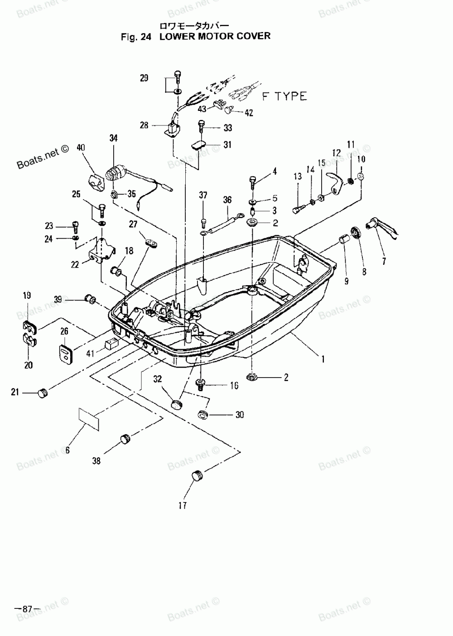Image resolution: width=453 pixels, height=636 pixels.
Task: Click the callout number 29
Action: click(x=144, y=78)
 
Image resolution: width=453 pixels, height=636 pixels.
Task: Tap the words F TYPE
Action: click(x=284, y=96)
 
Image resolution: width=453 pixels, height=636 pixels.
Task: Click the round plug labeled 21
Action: click(x=43, y=393)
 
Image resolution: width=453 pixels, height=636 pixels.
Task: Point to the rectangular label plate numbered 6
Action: click(x=89, y=419)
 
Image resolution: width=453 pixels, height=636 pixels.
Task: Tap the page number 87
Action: click(x=27, y=609)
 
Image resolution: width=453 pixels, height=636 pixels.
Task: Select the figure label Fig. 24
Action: click(x=136, y=37)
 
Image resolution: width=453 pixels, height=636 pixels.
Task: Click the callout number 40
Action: click(x=81, y=148)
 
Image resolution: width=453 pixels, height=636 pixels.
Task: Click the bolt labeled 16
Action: click(x=201, y=384)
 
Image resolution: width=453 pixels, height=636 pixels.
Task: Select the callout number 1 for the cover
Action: click(x=323, y=359)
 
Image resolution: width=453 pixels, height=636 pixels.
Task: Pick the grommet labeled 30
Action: click(x=203, y=414)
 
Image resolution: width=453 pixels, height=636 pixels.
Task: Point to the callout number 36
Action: click(x=227, y=200)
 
